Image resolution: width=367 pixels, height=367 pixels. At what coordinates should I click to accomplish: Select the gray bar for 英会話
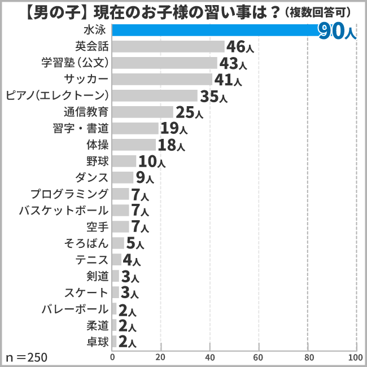pos(168,46)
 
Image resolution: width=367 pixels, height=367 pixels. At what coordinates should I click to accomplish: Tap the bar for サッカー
pos(162,79)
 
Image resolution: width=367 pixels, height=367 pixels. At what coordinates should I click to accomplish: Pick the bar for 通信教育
pos(143,112)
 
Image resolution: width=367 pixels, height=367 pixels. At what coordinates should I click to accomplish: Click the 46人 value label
pos(240,47)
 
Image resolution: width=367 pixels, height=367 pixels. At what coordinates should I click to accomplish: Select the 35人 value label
pos(213,97)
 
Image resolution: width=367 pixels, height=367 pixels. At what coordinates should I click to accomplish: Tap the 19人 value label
pos(174,129)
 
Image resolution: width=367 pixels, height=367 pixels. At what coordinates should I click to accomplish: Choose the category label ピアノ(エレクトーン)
pos(56,95)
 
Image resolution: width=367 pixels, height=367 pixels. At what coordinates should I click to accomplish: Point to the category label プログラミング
pos(69,194)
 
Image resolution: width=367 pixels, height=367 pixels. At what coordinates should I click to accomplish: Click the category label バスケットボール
pos(63,211)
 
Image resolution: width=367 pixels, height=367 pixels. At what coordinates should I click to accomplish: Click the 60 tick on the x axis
pos(259,357)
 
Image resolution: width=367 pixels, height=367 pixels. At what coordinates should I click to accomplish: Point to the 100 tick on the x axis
pos(355,357)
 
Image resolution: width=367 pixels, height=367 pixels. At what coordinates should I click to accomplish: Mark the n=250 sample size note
pos(27,357)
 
